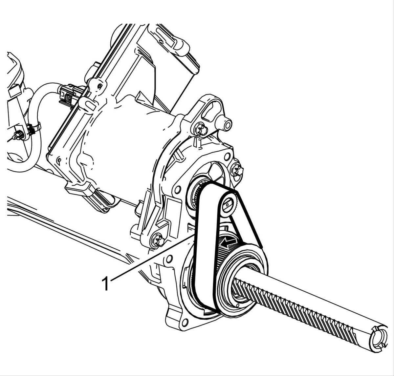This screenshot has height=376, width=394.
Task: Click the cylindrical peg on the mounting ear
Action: (x=225, y=124)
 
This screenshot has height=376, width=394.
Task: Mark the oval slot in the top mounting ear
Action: (x=211, y=110)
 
